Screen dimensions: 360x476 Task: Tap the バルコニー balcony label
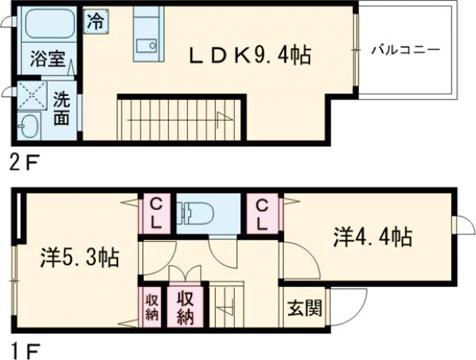[x=405, y=50]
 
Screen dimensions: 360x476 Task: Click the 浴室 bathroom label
[x=43, y=58]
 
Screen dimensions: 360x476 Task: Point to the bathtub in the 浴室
[x=47, y=26]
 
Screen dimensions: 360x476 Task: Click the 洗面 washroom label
[x=63, y=109]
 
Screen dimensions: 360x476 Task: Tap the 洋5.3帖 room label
[x=79, y=257]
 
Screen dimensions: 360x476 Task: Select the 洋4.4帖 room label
[x=371, y=236]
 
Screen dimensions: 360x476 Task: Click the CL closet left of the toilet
[x=156, y=213]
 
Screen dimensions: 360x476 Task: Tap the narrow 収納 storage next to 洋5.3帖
[x=151, y=307]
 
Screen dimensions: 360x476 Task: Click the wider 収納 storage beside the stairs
[x=186, y=307]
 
